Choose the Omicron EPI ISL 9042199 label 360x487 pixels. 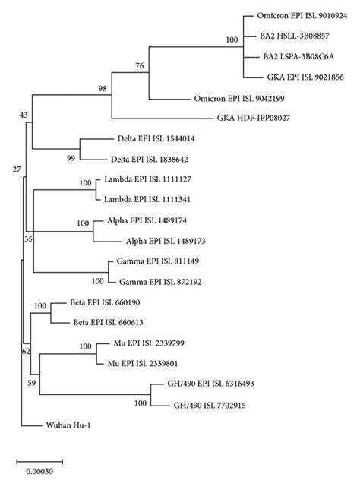pyautogui.click(x=247, y=98)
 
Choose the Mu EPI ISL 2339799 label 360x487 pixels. pyautogui.click(x=143, y=343)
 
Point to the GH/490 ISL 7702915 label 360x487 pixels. pyautogui.click(x=209, y=406)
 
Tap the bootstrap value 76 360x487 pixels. pyautogui.click(x=139, y=66)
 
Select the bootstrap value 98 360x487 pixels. pyautogui.click(x=102, y=89)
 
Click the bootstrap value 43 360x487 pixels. pyautogui.click(x=24, y=114)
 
